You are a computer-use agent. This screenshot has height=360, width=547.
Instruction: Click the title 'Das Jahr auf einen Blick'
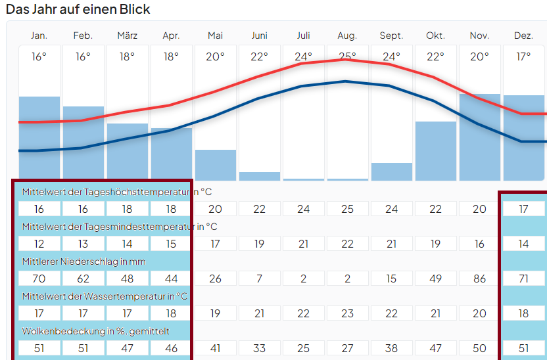[78, 9]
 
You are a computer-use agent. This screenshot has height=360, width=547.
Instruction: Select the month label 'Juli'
[303, 35]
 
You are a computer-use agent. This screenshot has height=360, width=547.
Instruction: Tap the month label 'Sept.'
[391, 35]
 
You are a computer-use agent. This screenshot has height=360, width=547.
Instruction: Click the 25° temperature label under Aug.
[347, 56]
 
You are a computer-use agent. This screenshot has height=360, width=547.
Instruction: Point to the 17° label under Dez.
[523, 56]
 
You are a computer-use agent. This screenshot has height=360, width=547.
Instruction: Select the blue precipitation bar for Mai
[215, 165]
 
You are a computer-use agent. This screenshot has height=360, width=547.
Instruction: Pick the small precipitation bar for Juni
[259, 176]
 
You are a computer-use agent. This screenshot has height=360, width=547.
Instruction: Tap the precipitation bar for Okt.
[435, 151]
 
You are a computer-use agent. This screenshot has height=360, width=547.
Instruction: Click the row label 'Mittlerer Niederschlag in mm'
[83, 261]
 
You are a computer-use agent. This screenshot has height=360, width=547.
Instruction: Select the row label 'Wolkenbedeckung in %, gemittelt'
[95, 331]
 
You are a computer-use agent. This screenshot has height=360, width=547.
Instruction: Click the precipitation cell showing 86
[479, 279]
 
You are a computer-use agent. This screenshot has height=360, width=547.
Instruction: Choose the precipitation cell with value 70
[39, 279]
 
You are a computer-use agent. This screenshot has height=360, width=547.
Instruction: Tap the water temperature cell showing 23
[347, 313]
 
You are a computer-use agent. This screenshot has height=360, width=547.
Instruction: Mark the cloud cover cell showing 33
[259, 348]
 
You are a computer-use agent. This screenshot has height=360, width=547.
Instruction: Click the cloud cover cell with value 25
[303, 348]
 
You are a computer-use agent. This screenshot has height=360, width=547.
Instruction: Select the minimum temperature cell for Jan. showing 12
[39, 244]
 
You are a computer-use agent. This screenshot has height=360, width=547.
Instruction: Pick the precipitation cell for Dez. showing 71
[523, 279]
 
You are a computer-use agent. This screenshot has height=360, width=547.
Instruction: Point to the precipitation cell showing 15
[391, 279]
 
